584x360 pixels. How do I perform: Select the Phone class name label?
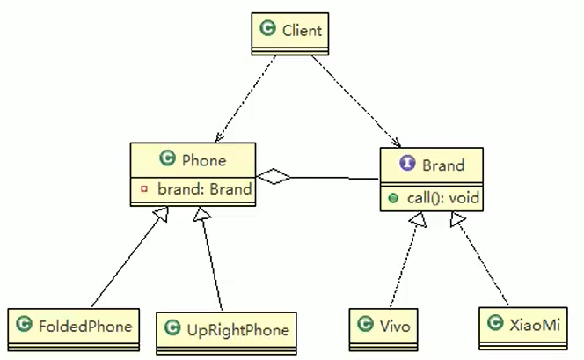point(203,160)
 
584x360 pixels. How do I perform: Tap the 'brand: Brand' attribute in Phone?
point(204,188)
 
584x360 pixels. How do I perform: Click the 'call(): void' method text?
point(443,198)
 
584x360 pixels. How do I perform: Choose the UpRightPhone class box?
point(226,330)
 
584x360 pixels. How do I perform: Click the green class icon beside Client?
point(267,31)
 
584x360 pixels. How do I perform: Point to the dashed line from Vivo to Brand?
point(403,264)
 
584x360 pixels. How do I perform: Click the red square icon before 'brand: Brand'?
point(143,188)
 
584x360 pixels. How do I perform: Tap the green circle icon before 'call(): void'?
point(393,198)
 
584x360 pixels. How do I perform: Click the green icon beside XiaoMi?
point(495,326)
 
